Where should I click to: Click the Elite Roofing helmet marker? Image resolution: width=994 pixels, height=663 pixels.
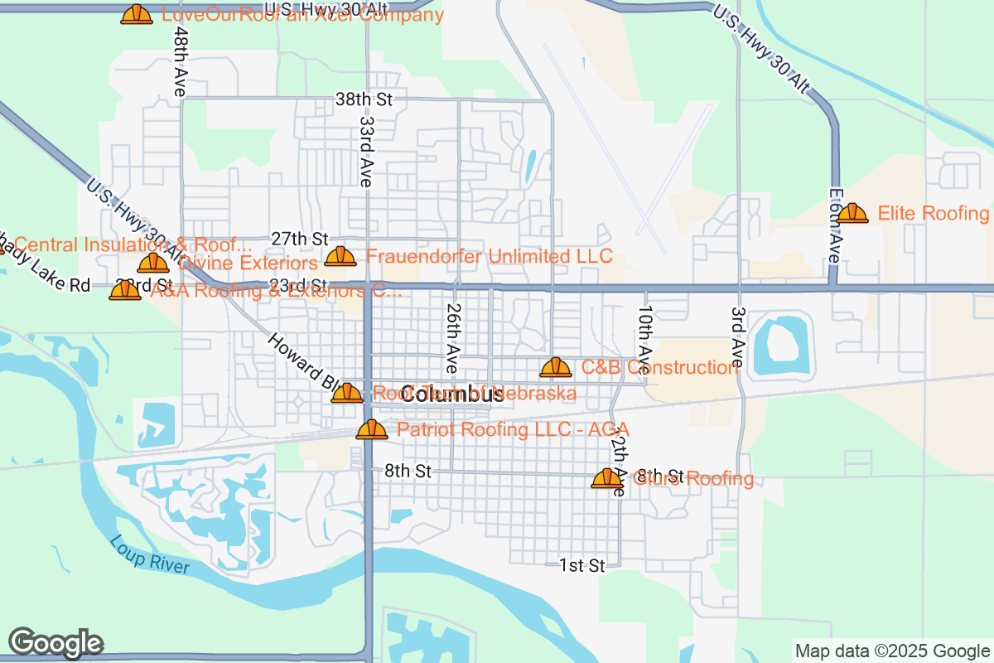pyautogui.click(x=852, y=214)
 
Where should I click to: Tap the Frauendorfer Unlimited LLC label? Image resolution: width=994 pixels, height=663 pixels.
pyautogui.click(x=489, y=256)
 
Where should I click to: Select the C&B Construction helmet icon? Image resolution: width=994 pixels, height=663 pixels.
pyautogui.click(x=556, y=367)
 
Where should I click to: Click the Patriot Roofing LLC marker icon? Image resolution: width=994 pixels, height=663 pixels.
pyautogui.click(x=372, y=429)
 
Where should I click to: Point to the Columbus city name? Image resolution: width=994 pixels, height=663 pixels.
pyautogui.click(x=451, y=395)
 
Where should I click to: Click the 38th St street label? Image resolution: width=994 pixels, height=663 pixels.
pyautogui.click(x=363, y=99)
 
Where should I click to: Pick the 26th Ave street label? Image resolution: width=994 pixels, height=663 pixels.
pyautogui.click(x=452, y=336)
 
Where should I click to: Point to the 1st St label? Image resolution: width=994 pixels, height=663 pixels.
pyautogui.click(x=581, y=565)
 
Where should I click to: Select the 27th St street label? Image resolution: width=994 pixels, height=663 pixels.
pyautogui.click(x=300, y=239)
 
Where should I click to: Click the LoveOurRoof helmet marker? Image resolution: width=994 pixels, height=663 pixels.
pyautogui.click(x=137, y=14)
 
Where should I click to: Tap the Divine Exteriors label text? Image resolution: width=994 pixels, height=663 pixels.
pyautogui.click(x=248, y=264)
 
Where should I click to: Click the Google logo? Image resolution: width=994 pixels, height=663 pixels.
pyautogui.click(x=55, y=642)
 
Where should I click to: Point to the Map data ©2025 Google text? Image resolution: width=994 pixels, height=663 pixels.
pyautogui.click(x=892, y=651)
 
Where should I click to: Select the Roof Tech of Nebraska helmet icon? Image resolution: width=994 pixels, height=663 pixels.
pyautogui.click(x=347, y=393)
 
